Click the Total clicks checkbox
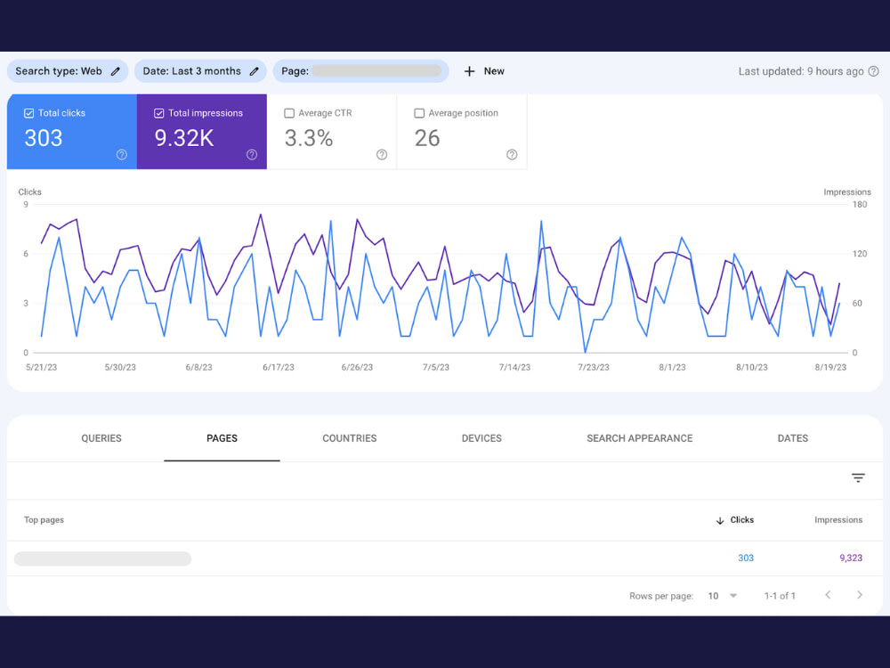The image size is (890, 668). click(29, 113)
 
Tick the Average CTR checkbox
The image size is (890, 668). click(289, 113)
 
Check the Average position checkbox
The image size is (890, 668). click(419, 113)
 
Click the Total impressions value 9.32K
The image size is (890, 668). click(184, 138)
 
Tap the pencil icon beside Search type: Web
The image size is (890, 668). click(115, 71)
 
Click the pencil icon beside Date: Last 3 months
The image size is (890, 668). click(255, 71)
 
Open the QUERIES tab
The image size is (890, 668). click(101, 438)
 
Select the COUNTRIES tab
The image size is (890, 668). click(349, 438)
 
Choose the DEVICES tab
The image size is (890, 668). click(481, 438)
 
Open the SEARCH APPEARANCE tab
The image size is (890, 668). click(640, 438)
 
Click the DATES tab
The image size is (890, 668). click(792, 438)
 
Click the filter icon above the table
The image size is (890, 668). click(858, 477)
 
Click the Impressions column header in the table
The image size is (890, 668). click(837, 520)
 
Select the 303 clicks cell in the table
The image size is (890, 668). click(745, 558)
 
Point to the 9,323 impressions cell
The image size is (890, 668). click(850, 558)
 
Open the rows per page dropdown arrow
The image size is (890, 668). click(732, 596)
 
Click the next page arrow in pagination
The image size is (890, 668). click(860, 595)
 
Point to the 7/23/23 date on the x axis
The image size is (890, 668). click(593, 368)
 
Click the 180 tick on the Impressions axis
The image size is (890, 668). click(860, 205)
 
